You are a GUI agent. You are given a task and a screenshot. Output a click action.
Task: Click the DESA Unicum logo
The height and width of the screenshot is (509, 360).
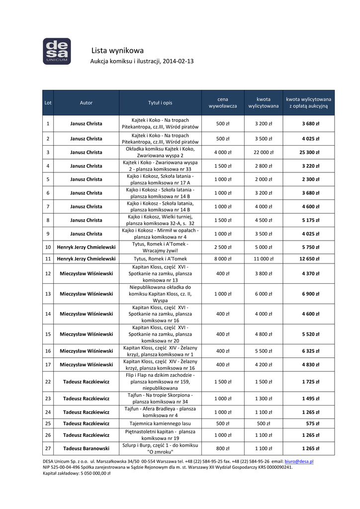tap(57, 51)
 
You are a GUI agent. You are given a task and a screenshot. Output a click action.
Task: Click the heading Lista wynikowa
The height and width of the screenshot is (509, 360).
tap(118, 50)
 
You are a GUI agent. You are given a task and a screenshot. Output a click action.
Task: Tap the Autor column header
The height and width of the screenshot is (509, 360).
tap(86, 102)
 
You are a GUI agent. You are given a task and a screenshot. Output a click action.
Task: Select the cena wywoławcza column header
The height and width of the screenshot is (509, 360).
tap(223, 102)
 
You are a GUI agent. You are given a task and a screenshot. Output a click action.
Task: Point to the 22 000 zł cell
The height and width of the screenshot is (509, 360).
tap(264, 152)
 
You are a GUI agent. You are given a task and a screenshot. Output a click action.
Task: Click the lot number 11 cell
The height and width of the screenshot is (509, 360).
tap(48, 258)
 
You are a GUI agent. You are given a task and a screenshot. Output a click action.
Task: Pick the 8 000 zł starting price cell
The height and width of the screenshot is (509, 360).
tap(223, 258)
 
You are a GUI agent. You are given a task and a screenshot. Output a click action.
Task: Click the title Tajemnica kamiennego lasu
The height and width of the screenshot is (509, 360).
tap(160, 424)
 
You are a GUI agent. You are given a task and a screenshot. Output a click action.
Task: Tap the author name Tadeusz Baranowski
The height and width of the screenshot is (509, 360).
tap(86, 448)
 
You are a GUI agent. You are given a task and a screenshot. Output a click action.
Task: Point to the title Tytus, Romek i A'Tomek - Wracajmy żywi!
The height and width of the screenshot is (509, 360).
tap(160, 247)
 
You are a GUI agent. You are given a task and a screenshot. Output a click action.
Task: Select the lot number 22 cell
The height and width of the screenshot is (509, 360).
tap(48, 381)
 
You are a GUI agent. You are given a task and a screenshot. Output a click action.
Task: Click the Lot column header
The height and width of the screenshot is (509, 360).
tap(48, 102)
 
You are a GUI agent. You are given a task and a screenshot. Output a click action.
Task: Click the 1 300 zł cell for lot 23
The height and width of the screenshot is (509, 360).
tap(264, 398)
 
